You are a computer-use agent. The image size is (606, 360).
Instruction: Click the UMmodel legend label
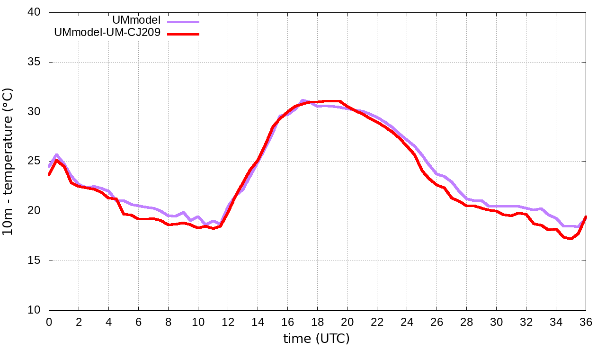tap(136, 20)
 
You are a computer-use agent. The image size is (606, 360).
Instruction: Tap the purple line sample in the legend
tap(183, 21)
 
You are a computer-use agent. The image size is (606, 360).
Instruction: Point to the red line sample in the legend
tap(183, 34)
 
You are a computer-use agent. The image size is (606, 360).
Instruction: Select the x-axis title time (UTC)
tap(316, 338)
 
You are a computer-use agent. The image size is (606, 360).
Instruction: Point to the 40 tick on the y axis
tap(34, 12)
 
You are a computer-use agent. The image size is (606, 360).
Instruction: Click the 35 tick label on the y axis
tap(34, 62)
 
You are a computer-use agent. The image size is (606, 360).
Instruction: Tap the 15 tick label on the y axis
tap(34, 261)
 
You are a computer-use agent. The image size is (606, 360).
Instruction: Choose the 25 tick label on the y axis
tap(34, 161)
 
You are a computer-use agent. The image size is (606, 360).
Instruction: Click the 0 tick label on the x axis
tap(49, 322)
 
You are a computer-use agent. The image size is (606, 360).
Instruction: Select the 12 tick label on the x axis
tap(228, 322)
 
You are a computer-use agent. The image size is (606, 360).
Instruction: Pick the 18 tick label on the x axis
tap(317, 322)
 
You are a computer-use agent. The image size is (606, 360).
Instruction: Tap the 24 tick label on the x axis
tap(407, 322)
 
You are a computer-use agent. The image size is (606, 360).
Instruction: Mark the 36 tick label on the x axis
tap(586, 322)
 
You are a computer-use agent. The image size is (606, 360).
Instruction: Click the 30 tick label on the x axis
tap(496, 322)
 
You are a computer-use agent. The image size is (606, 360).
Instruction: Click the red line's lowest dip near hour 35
tap(571, 239)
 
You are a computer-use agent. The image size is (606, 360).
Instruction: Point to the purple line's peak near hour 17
tap(303, 100)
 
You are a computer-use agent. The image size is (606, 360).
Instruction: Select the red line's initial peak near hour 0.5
tap(56, 160)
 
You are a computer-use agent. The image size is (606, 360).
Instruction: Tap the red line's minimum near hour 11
tap(213, 228)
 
